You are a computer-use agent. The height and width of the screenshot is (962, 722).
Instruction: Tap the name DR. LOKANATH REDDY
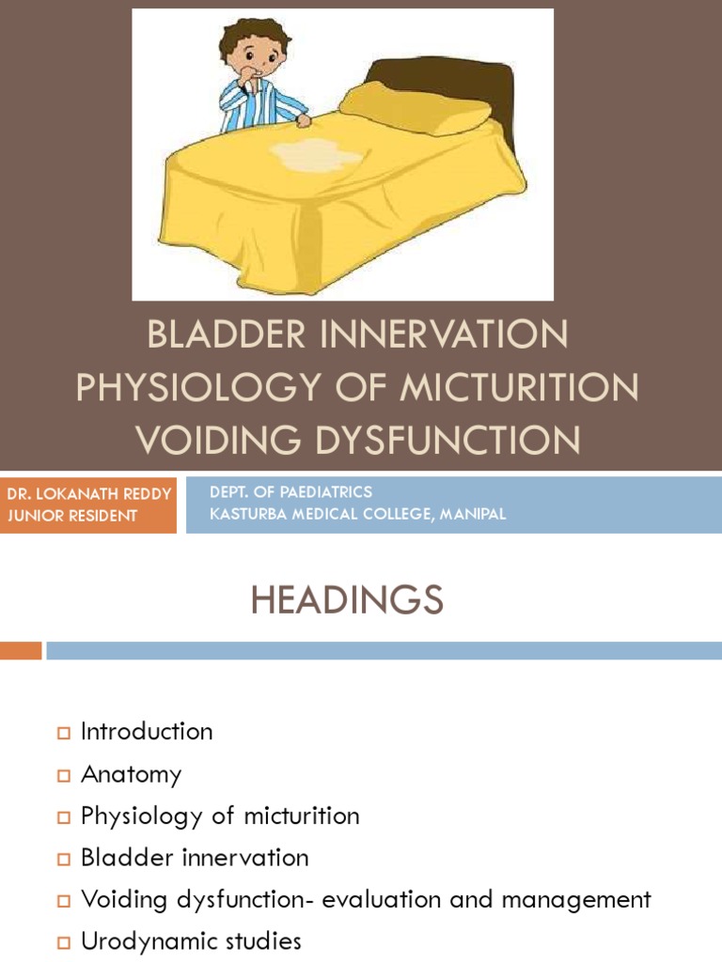88,494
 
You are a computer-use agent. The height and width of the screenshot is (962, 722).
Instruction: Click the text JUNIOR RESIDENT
71,516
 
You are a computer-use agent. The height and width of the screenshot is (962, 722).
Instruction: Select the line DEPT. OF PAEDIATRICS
290,492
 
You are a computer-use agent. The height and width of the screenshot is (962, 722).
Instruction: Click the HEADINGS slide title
346,600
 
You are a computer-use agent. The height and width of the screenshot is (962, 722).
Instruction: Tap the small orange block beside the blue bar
21,650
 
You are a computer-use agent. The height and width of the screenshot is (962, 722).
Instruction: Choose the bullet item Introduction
147,732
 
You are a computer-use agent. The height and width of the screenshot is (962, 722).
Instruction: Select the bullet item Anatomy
131,774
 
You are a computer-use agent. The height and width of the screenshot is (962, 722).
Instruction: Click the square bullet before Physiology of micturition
64,816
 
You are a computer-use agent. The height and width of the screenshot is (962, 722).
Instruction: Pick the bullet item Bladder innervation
195,858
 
